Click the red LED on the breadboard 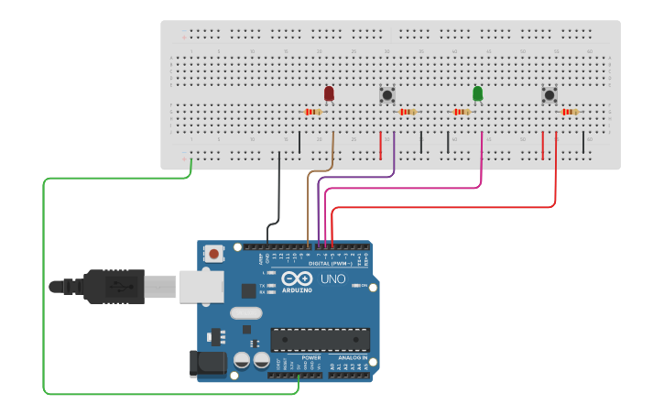329,93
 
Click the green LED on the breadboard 477,93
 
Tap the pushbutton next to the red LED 387,94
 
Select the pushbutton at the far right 550,94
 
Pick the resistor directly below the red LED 313,112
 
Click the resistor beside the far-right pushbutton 570,112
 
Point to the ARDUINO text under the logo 297,289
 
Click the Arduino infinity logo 297,278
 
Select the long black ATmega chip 320,339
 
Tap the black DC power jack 206,364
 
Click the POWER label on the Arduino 298,357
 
